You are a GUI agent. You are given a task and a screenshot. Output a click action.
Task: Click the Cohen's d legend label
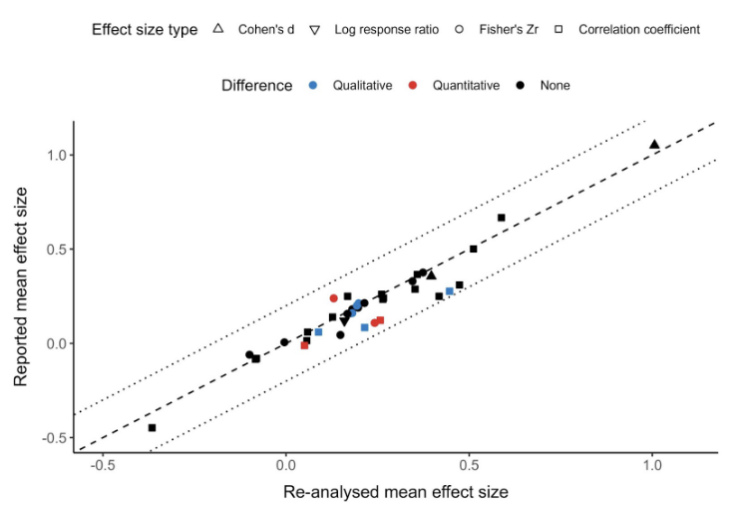266,29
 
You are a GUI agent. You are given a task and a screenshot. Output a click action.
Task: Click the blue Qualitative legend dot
313,86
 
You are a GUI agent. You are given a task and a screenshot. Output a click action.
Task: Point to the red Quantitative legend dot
414,86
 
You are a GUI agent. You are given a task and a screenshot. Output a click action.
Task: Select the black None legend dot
521,86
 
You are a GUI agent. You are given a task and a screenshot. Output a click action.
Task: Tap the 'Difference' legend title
257,86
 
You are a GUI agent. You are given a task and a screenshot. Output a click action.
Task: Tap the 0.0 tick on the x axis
286,466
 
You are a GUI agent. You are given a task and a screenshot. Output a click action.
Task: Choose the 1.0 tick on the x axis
652,466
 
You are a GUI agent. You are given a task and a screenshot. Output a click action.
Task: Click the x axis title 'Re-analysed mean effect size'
396,492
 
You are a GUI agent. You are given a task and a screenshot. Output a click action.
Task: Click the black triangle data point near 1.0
654,145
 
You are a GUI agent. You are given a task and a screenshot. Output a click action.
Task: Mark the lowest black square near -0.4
152,427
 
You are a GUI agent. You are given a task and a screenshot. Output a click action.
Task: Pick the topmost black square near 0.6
501,218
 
